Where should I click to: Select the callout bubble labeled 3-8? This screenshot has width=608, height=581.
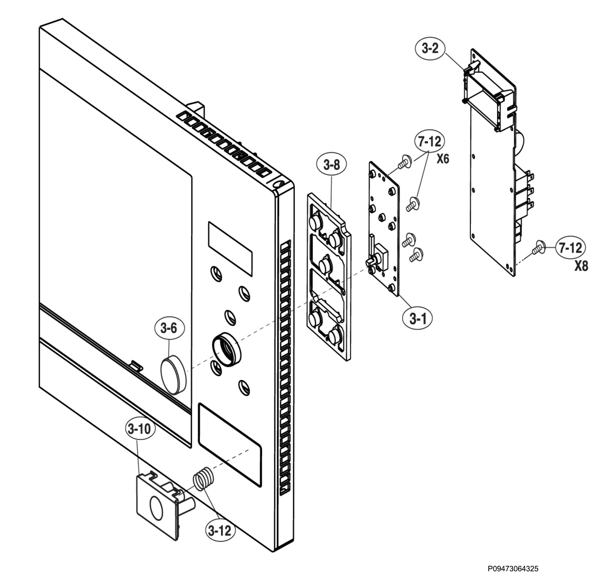pyautogui.click(x=332, y=165)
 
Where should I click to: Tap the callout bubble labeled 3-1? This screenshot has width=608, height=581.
pyautogui.click(x=417, y=318)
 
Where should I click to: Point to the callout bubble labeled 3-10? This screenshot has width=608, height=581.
pyautogui.click(x=140, y=429)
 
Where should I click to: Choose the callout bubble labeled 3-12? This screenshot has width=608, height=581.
pyautogui.click(x=220, y=531)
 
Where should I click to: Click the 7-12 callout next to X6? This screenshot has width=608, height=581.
pyautogui.click(x=429, y=141)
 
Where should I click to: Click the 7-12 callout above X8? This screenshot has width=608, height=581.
pyautogui.click(x=571, y=248)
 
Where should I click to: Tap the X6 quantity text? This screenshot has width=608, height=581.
pyautogui.click(x=443, y=159)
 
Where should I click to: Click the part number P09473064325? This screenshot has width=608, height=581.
pyautogui.click(x=513, y=569)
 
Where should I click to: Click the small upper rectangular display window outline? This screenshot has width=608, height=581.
pyautogui.click(x=230, y=249)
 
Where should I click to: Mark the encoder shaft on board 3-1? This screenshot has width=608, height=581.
pyautogui.click(x=371, y=261)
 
